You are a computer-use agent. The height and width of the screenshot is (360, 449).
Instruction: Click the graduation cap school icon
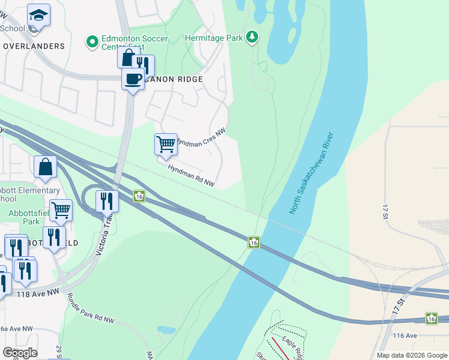pos(38,15)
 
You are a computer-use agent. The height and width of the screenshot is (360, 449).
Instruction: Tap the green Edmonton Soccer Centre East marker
pos(92,41)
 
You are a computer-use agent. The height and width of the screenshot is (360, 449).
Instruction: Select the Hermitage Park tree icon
pos(253,37)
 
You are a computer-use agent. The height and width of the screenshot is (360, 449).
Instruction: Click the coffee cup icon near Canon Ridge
pos(133,79)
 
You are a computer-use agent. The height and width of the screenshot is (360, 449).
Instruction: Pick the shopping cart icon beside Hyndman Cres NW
pos(166,145)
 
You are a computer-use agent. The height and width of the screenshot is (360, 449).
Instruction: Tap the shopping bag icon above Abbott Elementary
pos(46,167)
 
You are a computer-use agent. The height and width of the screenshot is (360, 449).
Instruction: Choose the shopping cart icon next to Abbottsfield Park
pos(61,211)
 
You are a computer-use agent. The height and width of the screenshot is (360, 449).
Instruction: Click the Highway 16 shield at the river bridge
pos(254,242)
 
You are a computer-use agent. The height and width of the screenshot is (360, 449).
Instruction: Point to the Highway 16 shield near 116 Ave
pos(430,318)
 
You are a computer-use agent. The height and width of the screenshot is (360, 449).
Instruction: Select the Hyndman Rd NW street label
pos(191,175)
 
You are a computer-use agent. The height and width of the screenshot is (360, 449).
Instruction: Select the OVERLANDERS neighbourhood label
pos(33,46)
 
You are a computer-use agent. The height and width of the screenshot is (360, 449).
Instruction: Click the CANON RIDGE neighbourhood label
pos(173,79)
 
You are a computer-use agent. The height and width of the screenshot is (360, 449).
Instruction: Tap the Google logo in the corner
pos(20,352)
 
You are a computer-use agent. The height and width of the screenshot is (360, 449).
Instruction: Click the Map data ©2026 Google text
pos(411,355)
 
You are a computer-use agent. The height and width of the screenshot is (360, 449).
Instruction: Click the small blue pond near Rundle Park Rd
pos(165,330)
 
